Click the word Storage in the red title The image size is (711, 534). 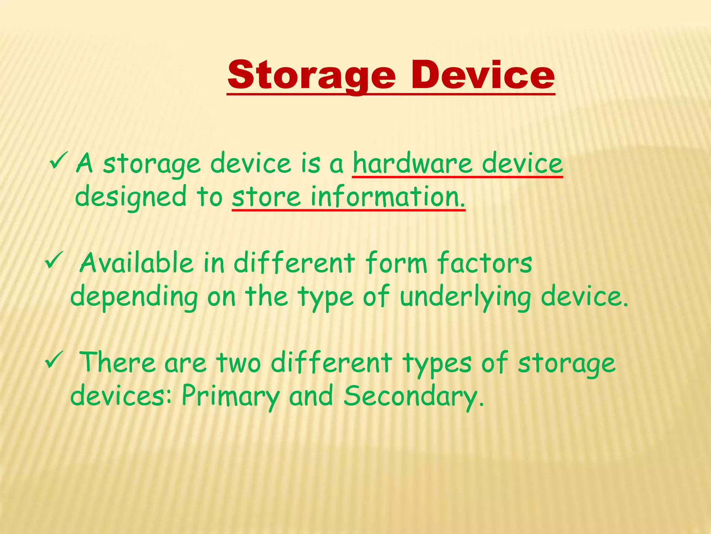311,75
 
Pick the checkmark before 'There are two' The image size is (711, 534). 54,360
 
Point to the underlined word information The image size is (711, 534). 387,196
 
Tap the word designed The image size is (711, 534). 131,197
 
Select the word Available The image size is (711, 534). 136,263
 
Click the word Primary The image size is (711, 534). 231,396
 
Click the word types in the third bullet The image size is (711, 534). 437,363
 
